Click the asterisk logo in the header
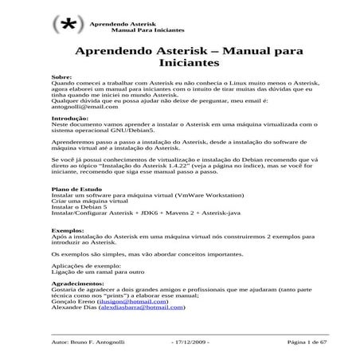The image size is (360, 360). [x=69, y=25]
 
